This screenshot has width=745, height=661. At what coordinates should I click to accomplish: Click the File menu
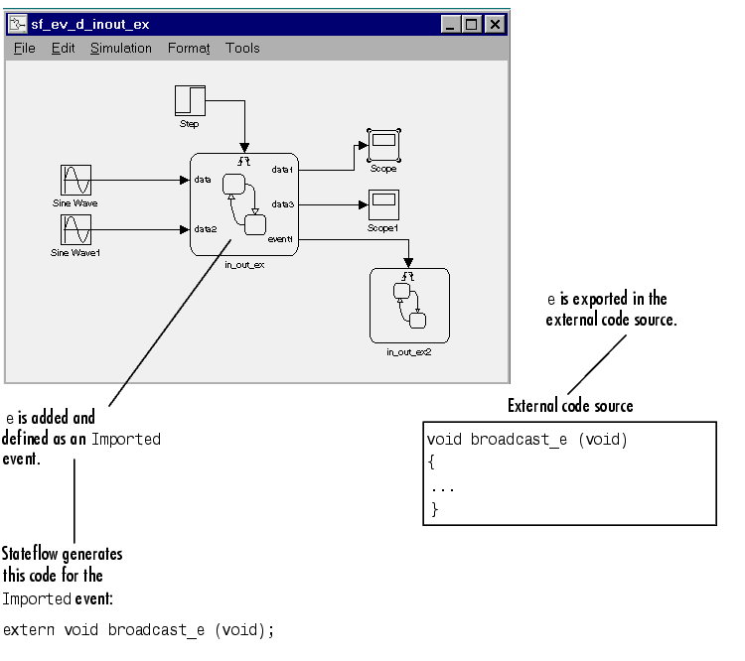25,48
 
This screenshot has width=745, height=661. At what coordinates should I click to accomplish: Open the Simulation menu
120,48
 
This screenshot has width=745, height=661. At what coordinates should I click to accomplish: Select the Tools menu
242,48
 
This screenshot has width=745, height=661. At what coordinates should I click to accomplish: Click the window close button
495,24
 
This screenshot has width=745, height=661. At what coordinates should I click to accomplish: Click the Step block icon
190,100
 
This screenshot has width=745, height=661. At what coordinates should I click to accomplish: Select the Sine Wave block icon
75,181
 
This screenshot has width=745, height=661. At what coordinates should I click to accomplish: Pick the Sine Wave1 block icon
75,230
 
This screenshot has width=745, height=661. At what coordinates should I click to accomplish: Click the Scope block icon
382,145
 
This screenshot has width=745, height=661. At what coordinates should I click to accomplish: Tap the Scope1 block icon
382,205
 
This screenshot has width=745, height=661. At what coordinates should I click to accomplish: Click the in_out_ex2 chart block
409,305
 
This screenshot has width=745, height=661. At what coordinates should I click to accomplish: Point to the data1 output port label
283,170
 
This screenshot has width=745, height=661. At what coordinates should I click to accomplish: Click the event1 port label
281,239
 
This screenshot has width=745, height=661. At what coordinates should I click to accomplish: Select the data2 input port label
206,229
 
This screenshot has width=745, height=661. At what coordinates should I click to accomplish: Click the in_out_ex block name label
243,264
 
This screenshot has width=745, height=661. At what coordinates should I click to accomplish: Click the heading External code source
570,406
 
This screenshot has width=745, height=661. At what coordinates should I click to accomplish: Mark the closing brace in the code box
434,508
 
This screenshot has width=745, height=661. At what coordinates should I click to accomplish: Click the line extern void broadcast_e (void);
138,629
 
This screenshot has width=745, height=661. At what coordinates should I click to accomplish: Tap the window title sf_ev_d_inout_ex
89,24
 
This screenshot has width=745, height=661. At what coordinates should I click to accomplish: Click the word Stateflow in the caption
33,554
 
